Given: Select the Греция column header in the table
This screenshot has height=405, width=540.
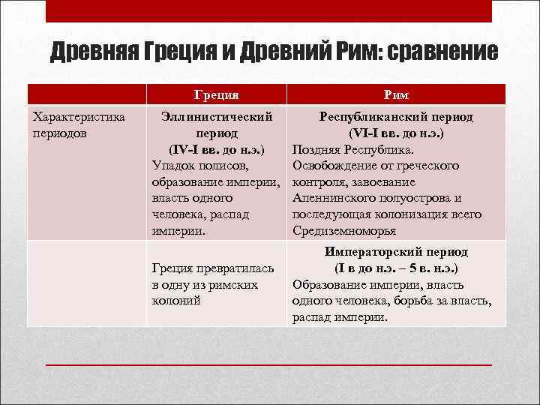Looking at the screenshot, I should (x=217, y=94).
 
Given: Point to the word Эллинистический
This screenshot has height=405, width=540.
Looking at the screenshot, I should (x=217, y=117).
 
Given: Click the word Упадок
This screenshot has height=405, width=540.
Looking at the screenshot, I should (x=173, y=166).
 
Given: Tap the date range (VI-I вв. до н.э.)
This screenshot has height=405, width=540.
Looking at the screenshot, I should (x=395, y=133).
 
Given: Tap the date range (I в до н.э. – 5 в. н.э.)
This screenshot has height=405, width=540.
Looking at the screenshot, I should (x=395, y=268).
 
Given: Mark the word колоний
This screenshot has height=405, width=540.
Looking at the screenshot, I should (x=175, y=301).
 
